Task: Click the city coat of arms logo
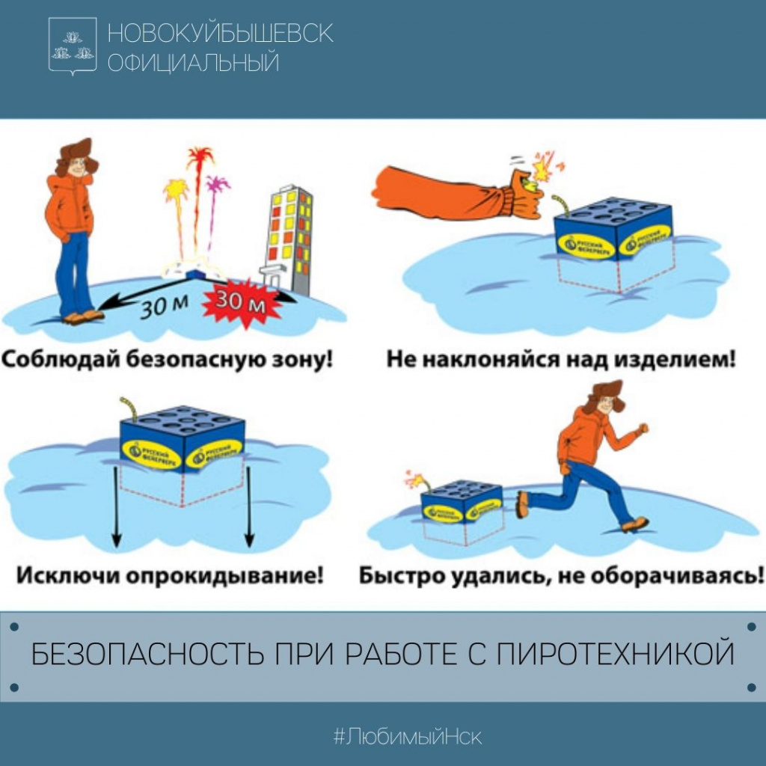click(x=73, y=46)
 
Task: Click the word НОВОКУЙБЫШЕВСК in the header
click(x=221, y=33)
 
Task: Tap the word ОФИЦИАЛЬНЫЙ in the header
click(x=194, y=63)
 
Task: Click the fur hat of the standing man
click(x=77, y=153)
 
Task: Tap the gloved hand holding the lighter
click(x=524, y=193)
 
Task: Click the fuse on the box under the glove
click(x=561, y=205)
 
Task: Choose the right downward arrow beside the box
click(x=249, y=506)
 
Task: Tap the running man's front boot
click(x=634, y=524)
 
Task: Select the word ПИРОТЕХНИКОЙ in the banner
click(x=616, y=654)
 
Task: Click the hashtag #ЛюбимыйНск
click(x=408, y=736)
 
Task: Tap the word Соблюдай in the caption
click(x=61, y=360)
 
